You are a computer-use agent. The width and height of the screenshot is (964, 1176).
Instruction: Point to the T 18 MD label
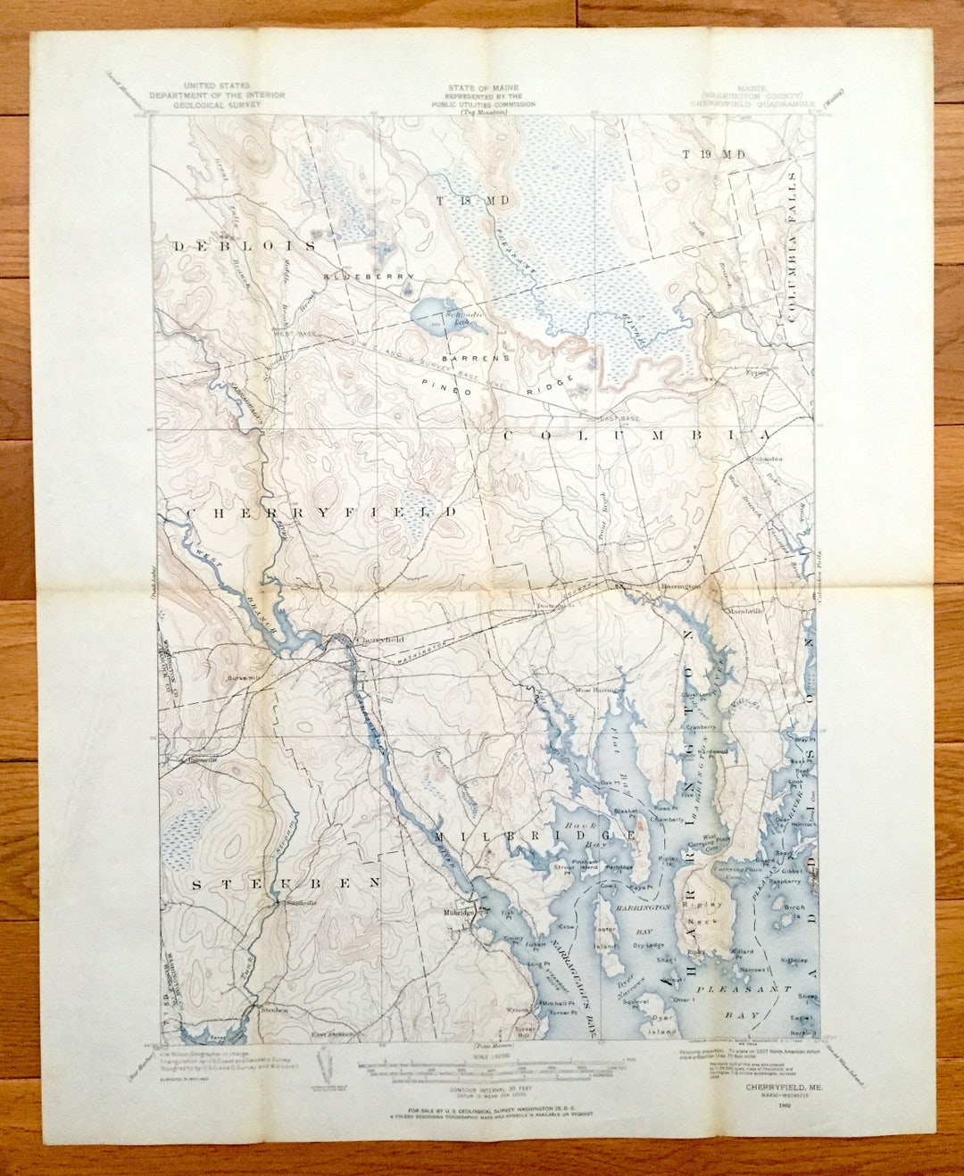pyautogui.click(x=473, y=201)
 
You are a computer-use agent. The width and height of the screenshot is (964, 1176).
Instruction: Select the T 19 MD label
pyautogui.click(x=713, y=154)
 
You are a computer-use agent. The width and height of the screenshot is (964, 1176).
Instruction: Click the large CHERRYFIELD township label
pyautogui.click(x=321, y=513)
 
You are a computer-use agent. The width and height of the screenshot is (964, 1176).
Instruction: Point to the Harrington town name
pyautogui.click(x=676, y=585)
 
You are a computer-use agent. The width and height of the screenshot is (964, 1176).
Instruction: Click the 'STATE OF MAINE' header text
pyautogui.click(x=483, y=88)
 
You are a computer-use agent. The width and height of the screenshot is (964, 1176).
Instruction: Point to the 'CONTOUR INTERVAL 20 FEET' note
pyautogui.click(x=484, y=1089)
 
